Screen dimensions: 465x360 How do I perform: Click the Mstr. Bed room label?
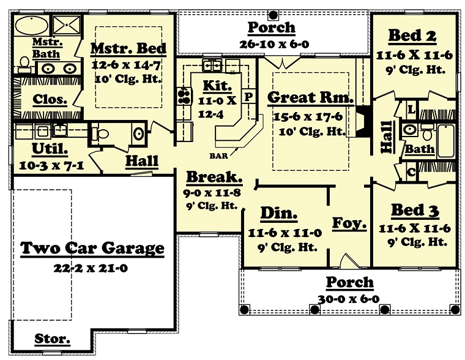128,49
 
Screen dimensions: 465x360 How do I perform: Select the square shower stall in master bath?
67,25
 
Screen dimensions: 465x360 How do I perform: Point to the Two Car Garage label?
92,249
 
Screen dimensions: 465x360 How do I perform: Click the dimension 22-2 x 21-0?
91,268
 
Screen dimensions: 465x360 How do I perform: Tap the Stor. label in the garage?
52,339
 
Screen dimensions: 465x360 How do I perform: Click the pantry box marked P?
248,97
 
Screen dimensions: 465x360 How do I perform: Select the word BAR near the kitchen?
218,156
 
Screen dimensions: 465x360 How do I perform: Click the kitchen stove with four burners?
184,96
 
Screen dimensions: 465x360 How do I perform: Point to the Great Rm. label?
310,97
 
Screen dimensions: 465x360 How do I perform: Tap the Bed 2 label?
412,36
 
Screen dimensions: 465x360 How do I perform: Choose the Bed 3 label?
415,211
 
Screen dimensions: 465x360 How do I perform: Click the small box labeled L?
411,110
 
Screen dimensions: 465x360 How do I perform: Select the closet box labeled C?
411,172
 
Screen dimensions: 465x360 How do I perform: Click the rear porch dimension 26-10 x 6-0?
274,44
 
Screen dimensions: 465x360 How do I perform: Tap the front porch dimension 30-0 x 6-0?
349,299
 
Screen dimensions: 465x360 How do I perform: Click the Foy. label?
349,223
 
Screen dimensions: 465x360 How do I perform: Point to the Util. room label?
50,149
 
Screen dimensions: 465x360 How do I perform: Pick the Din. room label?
279,213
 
